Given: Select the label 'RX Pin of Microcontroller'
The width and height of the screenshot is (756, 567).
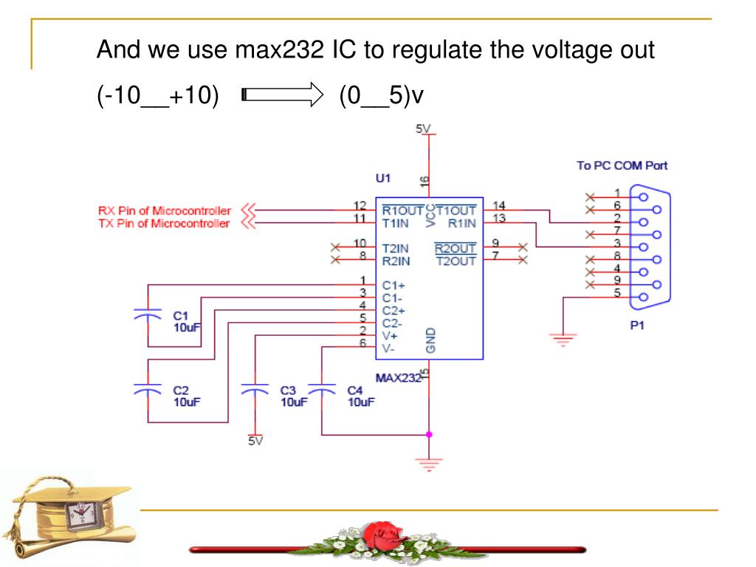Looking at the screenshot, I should tap(164, 210).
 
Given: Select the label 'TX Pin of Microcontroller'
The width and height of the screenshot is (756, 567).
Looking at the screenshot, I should tap(164, 223).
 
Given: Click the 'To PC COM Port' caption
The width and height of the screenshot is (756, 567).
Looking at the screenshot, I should tap(622, 165).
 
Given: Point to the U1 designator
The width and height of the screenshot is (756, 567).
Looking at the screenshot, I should tap(383, 179).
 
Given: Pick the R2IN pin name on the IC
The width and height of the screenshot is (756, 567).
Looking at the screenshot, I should tap(396, 261).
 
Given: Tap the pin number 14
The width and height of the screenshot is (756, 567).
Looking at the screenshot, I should tap(498, 205).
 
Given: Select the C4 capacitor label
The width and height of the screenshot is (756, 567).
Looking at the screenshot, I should tap(355, 391).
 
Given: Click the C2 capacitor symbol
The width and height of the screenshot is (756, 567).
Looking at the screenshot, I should tap(148, 388).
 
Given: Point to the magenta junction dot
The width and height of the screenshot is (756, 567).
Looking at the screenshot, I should tap(429, 434).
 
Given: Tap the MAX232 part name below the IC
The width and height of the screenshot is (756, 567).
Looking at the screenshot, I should tap(397, 378).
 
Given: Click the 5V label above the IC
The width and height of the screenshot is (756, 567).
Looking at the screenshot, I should tap(423, 129).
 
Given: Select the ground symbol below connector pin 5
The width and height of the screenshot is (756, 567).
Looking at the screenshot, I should tap(563, 340).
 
